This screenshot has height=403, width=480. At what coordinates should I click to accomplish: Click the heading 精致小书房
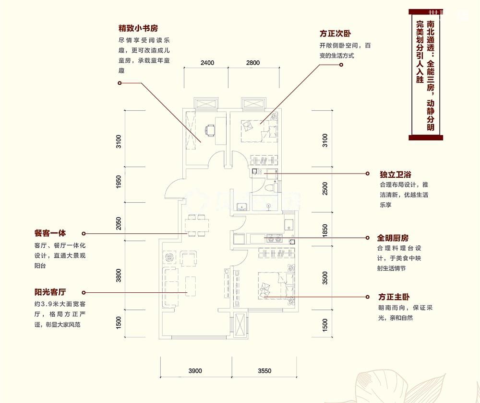pyautogui.click(x=139, y=28)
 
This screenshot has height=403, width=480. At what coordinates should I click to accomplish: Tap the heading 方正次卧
pyautogui.click(x=336, y=34)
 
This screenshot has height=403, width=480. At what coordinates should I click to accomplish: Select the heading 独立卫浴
pyautogui.click(x=395, y=174)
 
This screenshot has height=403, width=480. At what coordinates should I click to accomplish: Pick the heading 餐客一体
pyautogui.click(x=49, y=233)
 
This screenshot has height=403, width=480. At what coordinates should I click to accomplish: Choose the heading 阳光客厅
pyautogui.click(x=49, y=292)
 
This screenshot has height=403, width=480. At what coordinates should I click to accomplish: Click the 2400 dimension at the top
pyautogui.click(x=207, y=63)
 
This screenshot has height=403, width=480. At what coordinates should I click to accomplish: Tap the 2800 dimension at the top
pyautogui.click(x=252, y=63)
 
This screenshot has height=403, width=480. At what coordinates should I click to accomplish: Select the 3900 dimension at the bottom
pyautogui.click(x=195, y=370)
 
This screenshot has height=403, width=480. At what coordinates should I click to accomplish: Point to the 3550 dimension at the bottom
pyautogui.click(x=264, y=370)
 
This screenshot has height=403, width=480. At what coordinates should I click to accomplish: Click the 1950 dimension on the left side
pyautogui.click(x=119, y=182)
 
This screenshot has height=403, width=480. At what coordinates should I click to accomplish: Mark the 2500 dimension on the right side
pyautogui.click(x=325, y=188)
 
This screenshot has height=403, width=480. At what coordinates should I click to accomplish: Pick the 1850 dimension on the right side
pyautogui.click(x=325, y=231)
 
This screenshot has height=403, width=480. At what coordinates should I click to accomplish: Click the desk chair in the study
pyautogui.click(x=210, y=130)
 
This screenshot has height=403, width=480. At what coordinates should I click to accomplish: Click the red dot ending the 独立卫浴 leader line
pyautogui.click(x=367, y=173)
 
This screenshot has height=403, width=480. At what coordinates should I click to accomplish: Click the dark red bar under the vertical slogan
pyautogui.click(x=425, y=138)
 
